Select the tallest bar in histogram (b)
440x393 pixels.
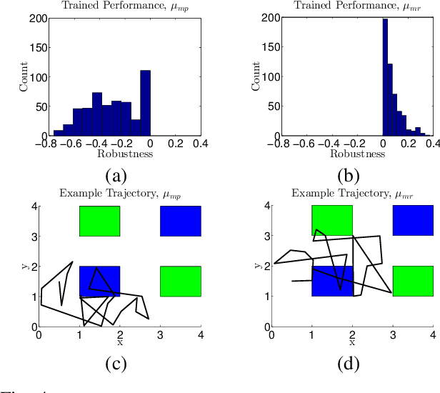(385, 79)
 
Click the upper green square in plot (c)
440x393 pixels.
(99, 221)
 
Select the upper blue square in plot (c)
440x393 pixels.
(180, 221)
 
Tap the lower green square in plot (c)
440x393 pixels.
(180, 281)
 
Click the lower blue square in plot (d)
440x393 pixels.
(332, 281)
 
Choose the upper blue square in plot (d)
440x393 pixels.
(413, 221)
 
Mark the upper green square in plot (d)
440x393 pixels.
(332, 221)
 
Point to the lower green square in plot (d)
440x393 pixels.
(413, 281)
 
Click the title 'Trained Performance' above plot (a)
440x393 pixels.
(119, 6)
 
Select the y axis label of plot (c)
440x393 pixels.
(25, 266)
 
